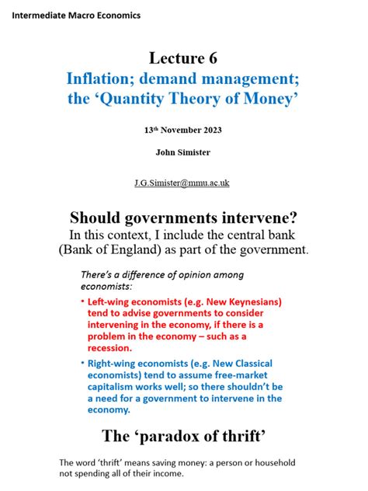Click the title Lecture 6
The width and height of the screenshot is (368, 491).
pos(183,59)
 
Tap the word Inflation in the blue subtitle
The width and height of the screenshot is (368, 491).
pos(96,79)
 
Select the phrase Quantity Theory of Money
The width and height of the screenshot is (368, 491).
pos(211,99)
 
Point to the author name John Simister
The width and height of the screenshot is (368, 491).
pos(183,152)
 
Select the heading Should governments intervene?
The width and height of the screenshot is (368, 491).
pos(183,218)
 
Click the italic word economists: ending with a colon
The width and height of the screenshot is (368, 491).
pos(106,287)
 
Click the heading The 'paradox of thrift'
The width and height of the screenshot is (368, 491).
pos(183,435)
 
